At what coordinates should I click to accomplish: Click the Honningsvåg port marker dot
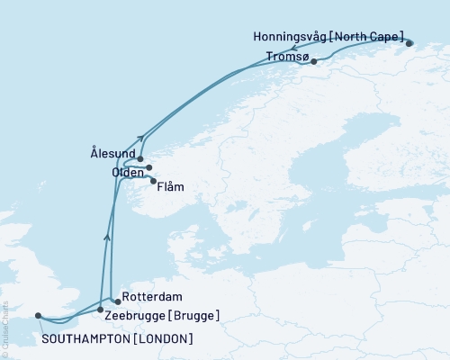[409, 42]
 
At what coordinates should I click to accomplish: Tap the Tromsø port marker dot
[313, 62]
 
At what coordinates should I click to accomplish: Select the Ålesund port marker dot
[140, 158]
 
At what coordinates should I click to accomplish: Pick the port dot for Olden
[149, 167]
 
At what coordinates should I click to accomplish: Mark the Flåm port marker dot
[153, 180]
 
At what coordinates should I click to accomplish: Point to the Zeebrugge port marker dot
[100, 309]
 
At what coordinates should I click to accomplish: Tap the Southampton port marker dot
[38, 315]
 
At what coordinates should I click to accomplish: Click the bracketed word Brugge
[194, 315]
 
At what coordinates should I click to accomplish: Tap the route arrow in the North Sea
[107, 237]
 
